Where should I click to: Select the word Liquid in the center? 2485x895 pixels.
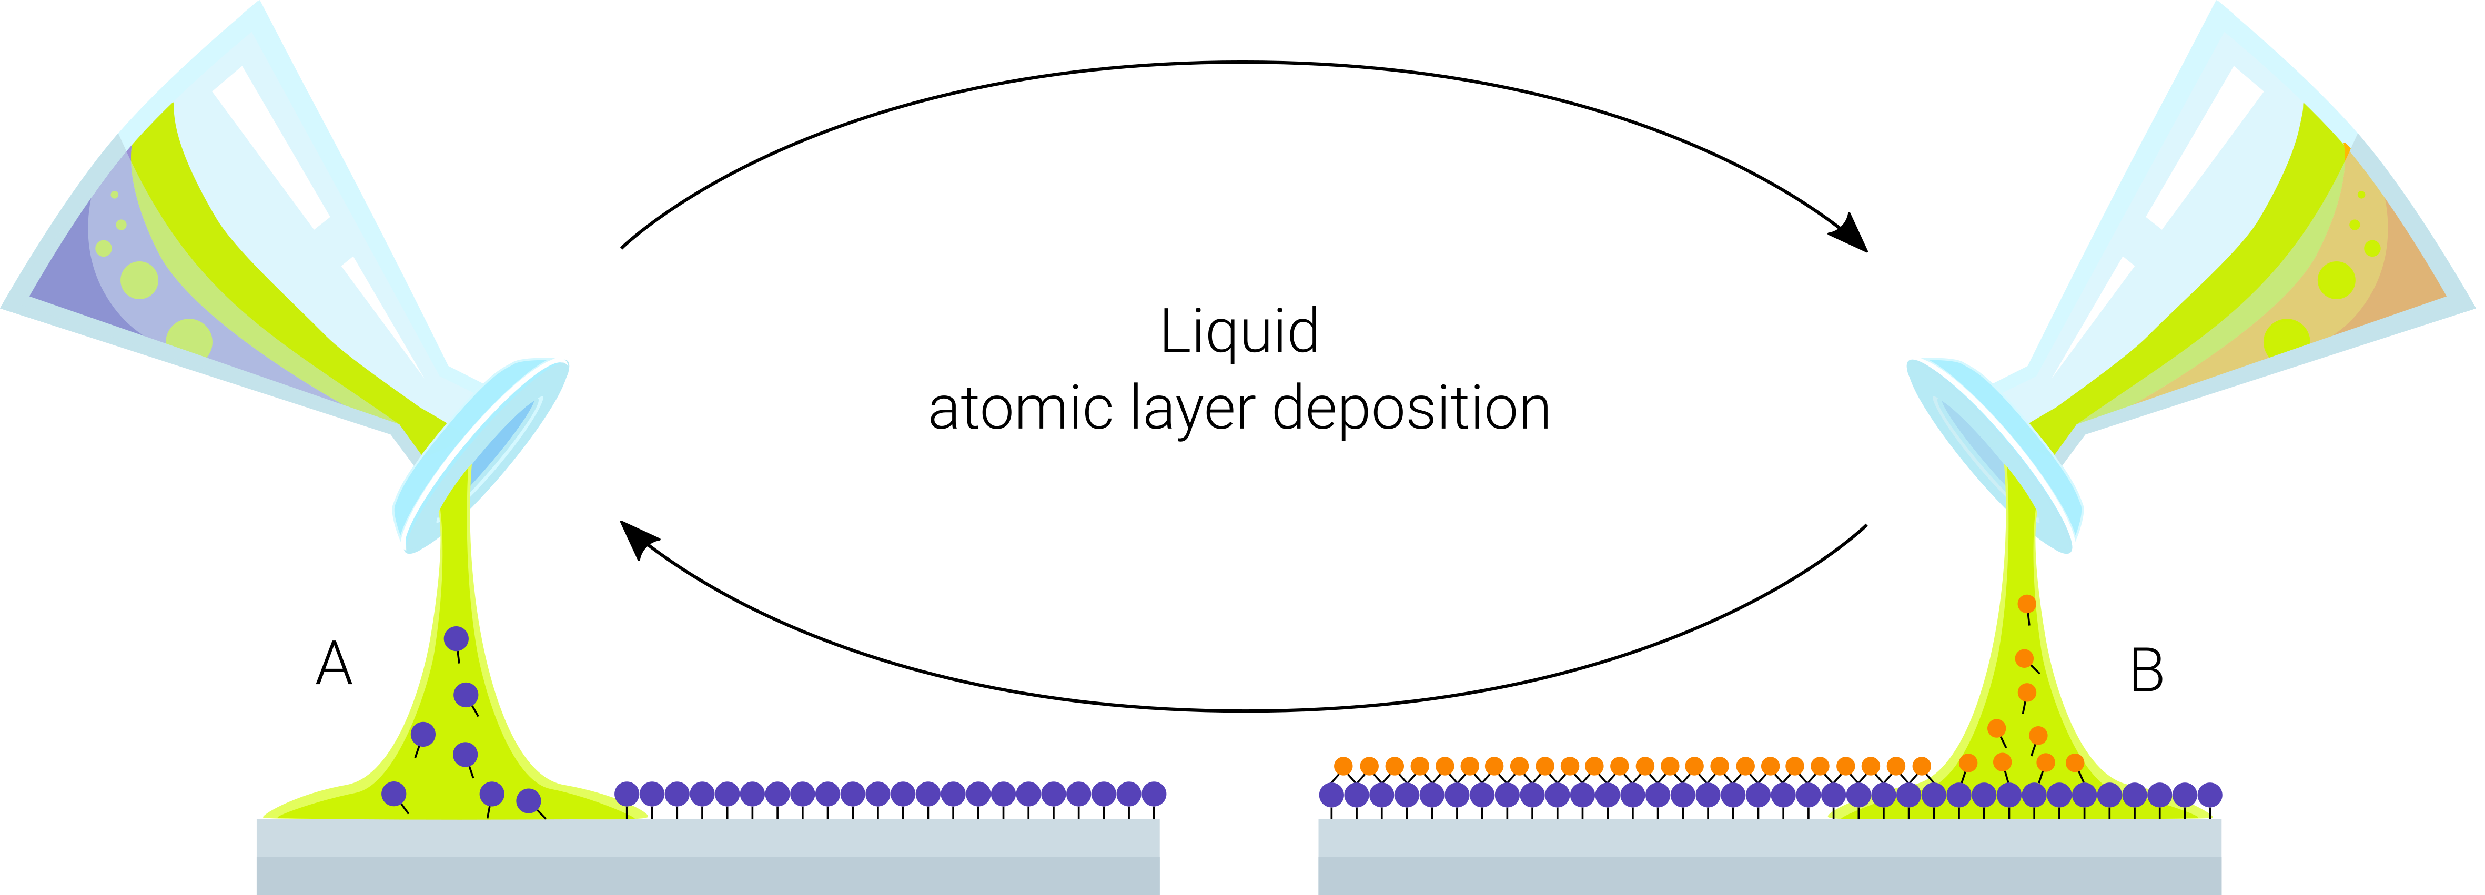(x=1239, y=333)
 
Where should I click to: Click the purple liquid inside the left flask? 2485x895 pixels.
(x=67, y=280)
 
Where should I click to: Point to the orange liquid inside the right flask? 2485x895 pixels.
(x=2412, y=280)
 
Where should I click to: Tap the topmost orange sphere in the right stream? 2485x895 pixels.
(x=2027, y=604)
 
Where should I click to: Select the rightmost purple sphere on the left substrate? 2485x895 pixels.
(x=1154, y=794)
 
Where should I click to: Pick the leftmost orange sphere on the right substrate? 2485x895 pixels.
(x=1343, y=766)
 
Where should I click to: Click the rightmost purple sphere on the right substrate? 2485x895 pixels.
(x=2210, y=795)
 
